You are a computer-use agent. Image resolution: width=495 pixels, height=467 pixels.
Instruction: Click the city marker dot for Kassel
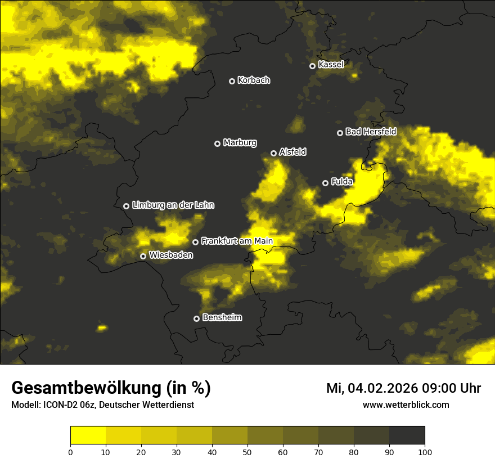(x=312, y=66)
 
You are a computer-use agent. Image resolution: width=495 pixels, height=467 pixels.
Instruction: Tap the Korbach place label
(x=254, y=80)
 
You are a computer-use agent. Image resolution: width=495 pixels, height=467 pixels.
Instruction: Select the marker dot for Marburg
(x=217, y=143)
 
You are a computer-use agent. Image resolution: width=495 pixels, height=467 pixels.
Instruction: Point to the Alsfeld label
(x=292, y=152)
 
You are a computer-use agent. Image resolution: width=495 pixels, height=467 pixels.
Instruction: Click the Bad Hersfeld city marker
(x=340, y=133)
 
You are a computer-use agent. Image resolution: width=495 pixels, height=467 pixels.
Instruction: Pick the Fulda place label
(x=342, y=181)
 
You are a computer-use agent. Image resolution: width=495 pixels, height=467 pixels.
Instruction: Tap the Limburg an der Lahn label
(x=173, y=205)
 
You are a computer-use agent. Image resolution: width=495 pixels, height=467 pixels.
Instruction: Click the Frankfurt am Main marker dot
(x=195, y=242)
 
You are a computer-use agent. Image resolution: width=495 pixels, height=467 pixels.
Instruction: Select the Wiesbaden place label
(x=171, y=255)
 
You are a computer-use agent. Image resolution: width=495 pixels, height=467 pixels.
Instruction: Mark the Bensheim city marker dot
(x=196, y=318)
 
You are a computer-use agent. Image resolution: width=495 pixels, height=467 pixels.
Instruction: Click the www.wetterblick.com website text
(x=406, y=405)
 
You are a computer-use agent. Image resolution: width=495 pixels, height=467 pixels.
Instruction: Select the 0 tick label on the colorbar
(x=70, y=452)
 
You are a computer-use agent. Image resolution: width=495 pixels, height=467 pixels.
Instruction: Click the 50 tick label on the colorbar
(x=247, y=452)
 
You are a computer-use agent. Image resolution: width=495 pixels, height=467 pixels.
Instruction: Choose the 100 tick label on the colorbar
(x=425, y=452)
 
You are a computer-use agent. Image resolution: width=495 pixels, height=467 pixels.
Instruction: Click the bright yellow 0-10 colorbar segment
(x=88, y=435)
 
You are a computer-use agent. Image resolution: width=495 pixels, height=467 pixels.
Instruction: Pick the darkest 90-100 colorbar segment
(x=407, y=435)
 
